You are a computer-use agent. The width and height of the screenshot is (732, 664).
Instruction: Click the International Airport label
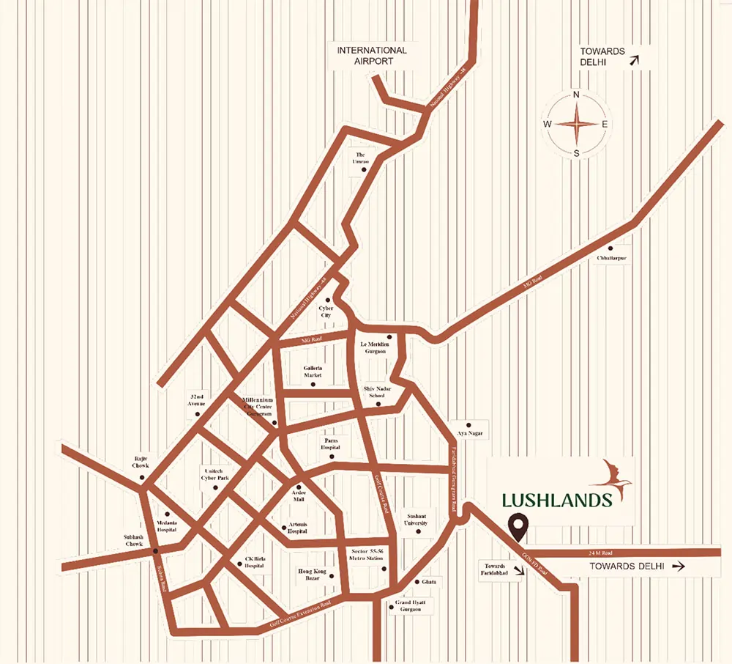point(371,56)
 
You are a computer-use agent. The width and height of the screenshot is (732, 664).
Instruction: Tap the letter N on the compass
point(576,95)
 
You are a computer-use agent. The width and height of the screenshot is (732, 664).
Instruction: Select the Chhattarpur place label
point(611,259)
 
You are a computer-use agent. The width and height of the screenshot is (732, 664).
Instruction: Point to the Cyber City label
point(326,311)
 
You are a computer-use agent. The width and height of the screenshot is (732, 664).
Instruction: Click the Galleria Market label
point(313,372)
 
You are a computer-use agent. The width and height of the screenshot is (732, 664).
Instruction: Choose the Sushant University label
point(420,520)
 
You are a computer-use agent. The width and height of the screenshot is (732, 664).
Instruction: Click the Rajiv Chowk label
point(141,462)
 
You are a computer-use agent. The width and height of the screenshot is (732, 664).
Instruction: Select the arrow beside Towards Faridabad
point(520,574)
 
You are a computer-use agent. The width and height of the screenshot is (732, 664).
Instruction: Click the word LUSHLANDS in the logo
point(557,501)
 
